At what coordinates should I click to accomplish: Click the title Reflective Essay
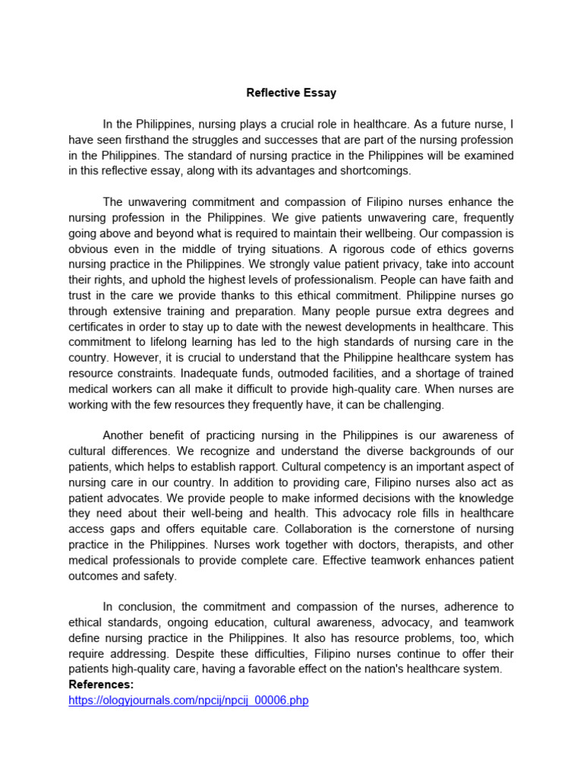pyautogui.click(x=291, y=93)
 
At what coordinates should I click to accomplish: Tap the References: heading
pyautogui.click(x=101, y=685)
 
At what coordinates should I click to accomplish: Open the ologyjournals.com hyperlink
pyautogui.click(x=188, y=701)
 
